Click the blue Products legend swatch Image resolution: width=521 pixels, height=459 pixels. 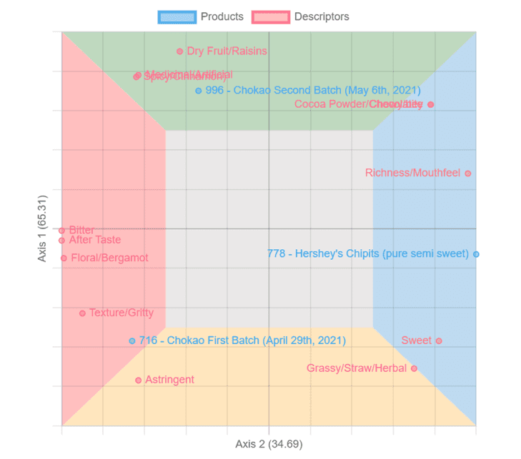pos(177,16)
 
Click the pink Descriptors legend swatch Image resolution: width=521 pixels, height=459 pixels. pos(270,16)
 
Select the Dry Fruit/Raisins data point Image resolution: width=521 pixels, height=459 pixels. pos(180,51)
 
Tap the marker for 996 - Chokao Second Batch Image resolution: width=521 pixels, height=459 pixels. pos(199,91)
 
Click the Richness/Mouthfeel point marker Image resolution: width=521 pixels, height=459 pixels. pos(468,173)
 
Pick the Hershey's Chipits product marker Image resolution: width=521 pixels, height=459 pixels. pos(476,254)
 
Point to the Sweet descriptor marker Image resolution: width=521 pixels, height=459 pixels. pos(439,341)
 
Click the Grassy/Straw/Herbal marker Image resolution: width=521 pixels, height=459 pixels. pos(414,369)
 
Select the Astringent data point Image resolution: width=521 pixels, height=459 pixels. pos(139,380)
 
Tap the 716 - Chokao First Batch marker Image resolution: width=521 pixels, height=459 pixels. pos(132,341)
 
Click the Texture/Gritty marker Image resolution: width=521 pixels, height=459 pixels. pos(82,313)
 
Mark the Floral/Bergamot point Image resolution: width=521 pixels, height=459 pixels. pos(64,258)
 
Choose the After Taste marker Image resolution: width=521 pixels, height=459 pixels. pos(62,241)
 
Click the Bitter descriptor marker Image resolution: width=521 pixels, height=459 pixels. pos(62,231)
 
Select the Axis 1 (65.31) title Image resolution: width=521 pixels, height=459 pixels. pos(43,228)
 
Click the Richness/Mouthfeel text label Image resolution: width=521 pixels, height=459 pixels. pos(412,173)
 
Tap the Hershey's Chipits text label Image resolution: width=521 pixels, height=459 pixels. pos(367,254)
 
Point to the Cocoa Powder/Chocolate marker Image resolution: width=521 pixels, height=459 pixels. pos(430,105)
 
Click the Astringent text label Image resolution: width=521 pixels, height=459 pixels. pos(169,380)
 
